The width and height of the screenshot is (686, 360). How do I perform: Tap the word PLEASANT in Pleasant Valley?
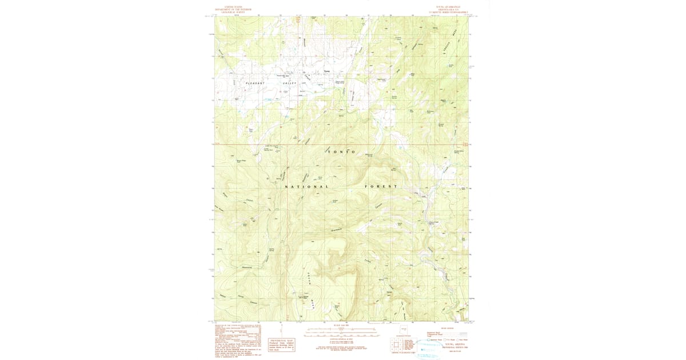tap(256, 83)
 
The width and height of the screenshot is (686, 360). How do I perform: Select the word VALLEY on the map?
tap(292, 83)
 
